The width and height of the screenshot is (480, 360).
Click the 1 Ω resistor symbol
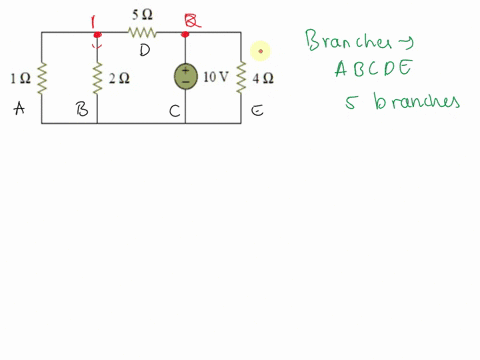(43, 77)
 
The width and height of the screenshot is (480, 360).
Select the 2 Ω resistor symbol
(97, 77)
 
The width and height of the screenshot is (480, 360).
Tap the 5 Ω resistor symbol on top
(140, 32)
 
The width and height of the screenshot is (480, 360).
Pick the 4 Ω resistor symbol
(241, 77)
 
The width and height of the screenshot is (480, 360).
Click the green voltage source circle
(185, 77)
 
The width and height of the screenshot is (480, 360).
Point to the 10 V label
(216, 77)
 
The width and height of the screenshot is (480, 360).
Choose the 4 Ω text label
(263, 77)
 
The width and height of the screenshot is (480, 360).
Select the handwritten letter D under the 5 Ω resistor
(145, 49)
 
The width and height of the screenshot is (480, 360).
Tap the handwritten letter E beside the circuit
(257, 111)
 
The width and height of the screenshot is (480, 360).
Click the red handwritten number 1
(97, 20)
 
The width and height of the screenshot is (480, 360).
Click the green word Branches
(357, 43)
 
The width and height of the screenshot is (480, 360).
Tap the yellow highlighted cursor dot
(261, 50)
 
